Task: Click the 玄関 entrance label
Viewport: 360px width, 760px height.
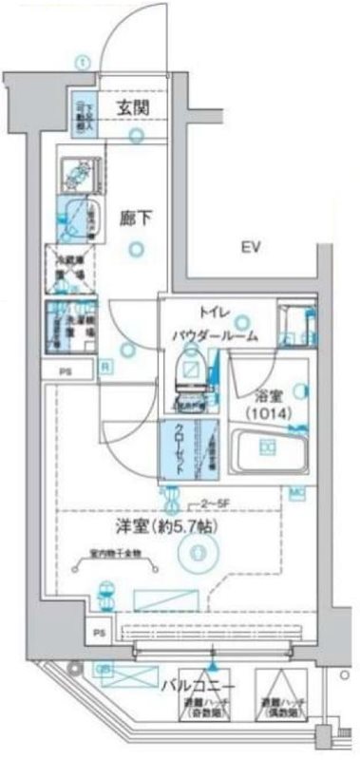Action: tap(131, 107)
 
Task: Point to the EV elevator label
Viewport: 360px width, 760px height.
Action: tap(251, 249)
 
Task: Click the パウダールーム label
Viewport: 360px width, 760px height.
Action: tap(214, 336)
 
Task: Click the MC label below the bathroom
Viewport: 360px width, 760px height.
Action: tap(295, 490)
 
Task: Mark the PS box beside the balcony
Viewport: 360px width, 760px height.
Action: tap(99, 631)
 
